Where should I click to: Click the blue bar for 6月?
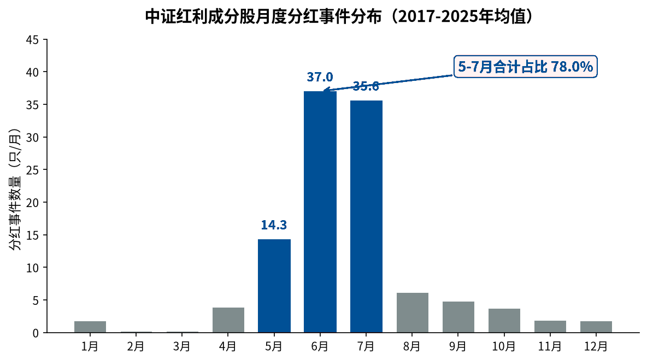pos(320,211)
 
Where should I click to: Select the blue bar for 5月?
pos(274,286)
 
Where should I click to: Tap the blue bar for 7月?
pos(367,216)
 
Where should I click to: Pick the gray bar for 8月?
pos(413,312)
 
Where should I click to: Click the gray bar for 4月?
pos(228,320)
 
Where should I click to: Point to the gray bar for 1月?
pos(90,327)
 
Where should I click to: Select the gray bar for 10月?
pos(504,321)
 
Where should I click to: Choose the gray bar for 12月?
pos(596,327)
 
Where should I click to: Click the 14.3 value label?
pos(274,225)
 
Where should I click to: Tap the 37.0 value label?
pos(320,77)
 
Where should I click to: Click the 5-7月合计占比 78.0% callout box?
pos(525,67)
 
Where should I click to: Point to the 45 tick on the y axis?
pos(32,39)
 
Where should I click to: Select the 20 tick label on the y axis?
pos(32,203)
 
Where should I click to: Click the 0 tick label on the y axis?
pos(36,333)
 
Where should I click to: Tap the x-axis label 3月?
pos(182,346)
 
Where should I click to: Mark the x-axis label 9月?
pos(458,346)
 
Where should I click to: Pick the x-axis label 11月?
pos(550,346)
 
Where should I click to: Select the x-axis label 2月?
pos(136,346)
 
